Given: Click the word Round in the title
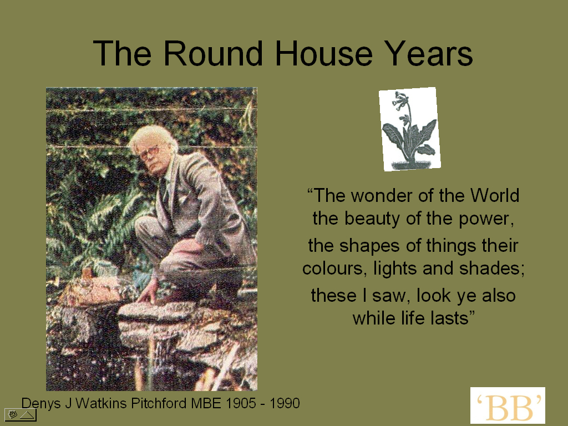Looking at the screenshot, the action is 213,53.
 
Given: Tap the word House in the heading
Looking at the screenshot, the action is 324,53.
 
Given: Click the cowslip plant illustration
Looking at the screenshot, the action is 410,129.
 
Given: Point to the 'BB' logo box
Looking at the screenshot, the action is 508,405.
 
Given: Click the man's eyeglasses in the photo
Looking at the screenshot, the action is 149,153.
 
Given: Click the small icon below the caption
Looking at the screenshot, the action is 21,415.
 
